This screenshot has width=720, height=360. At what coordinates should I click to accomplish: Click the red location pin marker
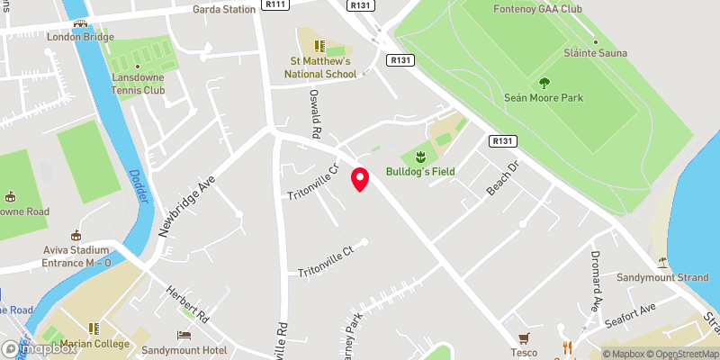(360, 179)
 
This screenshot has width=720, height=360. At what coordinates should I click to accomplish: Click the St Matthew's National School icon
(318, 45)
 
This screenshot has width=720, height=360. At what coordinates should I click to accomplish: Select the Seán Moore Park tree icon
(544, 84)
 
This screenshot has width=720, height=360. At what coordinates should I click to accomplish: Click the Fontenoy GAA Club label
(538, 10)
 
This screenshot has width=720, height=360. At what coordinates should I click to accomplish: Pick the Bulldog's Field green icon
(418, 157)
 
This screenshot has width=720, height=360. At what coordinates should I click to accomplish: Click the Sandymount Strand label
(662, 277)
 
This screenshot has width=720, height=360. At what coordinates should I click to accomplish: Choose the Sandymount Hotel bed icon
(184, 335)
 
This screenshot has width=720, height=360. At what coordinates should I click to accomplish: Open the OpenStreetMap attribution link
(680, 354)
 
